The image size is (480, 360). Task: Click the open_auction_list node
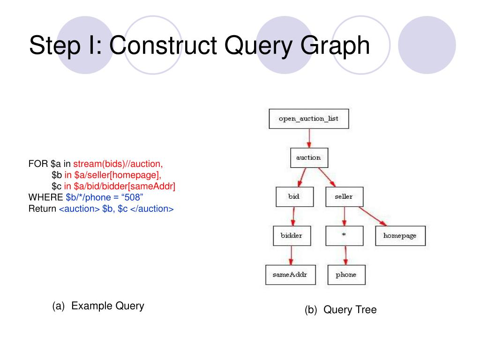pyautogui.click(x=308, y=119)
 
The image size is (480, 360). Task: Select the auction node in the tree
pyautogui.click(x=308, y=158)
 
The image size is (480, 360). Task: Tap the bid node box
pyautogui.click(x=293, y=197)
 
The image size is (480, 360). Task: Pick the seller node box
pyautogui.click(x=344, y=197)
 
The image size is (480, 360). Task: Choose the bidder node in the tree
pyautogui.click(x=292, y=236)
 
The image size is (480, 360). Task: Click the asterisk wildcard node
pyautogui.click(x=344, y=236)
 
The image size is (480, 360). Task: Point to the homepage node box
pyautogui.click(x=400, y=236)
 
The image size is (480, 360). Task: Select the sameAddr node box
pyautogui.click(x=290, y=275)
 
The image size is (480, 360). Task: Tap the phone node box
pyautogui.click(x=346, y=275)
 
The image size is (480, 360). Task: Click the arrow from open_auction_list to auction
pyautogui.click(x=309, y=138)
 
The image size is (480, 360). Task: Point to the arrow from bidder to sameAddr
pyautogui.click(x=291, y=255)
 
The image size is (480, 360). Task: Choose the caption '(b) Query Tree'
pyautogui.click(x=340, y=310)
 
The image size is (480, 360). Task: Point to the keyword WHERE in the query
pyautogui.click(x=45, y=197)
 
